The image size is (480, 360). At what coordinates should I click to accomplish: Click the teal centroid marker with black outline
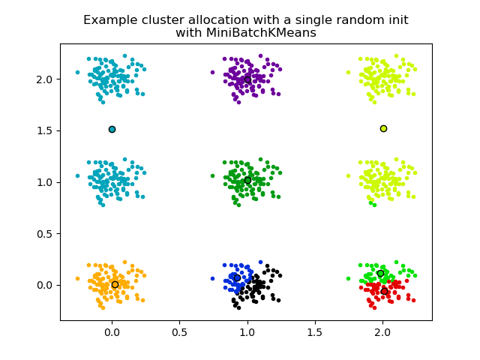pos(112,129)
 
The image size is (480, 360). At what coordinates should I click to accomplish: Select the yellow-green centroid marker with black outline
pos(383,128)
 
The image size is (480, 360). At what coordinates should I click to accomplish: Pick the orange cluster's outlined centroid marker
pos(115,284)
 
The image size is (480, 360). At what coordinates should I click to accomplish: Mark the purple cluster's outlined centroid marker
pos(247,79)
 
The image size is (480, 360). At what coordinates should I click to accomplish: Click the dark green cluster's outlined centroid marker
pos(247,180)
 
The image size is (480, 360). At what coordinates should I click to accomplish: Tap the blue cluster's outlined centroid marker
pos(237,277)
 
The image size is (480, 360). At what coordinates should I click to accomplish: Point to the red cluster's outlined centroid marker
pos(384,291)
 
